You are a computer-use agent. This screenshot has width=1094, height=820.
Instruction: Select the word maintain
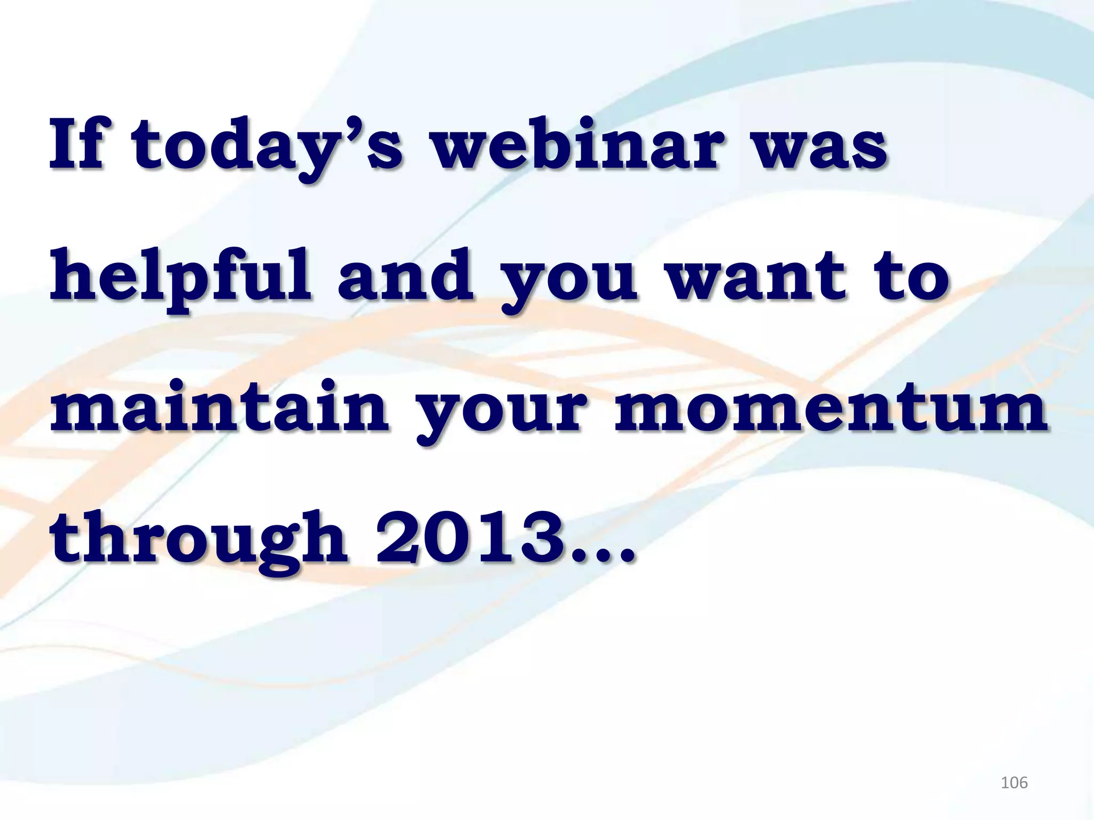219,408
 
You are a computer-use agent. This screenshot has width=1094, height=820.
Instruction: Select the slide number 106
1013,783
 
